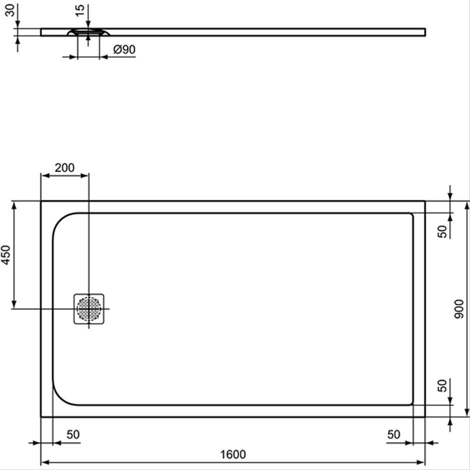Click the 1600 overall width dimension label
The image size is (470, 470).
point(233,454)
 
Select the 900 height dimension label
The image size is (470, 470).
point(458,308)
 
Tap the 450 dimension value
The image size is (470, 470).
point(6,255)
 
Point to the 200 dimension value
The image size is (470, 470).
point(64,167)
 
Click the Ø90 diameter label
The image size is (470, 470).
point(124,49)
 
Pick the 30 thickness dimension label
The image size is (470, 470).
point(10,10)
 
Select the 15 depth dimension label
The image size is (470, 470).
point(80,11)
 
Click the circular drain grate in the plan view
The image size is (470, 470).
point(88,308)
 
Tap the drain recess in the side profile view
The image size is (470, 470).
point(88,32)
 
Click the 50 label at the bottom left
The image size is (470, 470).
point(73,434)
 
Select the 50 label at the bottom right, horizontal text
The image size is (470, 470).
point(393,434)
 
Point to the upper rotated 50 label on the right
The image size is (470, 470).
point(442,231)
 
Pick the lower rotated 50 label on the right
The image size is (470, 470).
point(442,385)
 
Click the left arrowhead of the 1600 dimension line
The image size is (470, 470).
point(45,462)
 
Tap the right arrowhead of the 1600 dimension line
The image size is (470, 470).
point(421,462)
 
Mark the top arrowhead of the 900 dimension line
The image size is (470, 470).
point(466,205)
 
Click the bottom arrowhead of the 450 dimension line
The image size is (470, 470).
point(14,304)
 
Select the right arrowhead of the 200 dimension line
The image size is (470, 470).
point(84,175)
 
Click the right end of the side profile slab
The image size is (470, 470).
point(425,32)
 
